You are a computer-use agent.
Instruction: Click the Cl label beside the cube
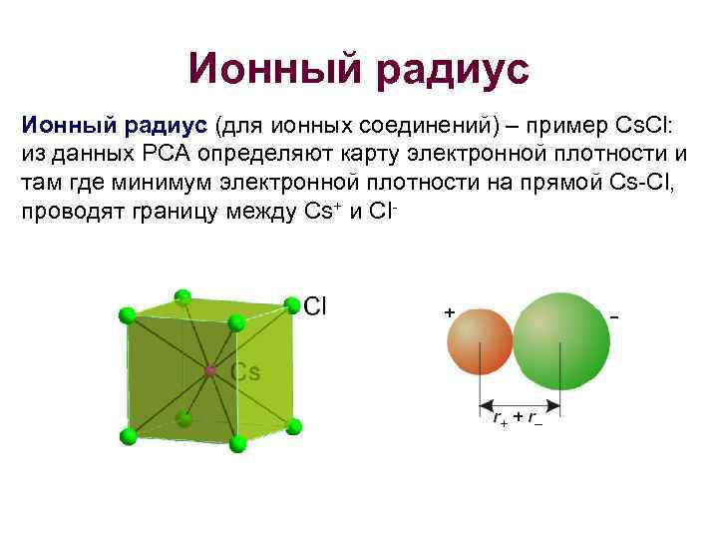[315, 305]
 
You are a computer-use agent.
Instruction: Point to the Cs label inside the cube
[245, 372]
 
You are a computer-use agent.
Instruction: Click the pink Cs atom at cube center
[210, 371]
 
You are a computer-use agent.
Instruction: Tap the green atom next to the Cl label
[291, 304]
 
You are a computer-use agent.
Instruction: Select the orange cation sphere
[480, 340]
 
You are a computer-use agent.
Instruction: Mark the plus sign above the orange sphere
[450, 312]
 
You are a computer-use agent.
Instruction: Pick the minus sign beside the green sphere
[613, 316]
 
